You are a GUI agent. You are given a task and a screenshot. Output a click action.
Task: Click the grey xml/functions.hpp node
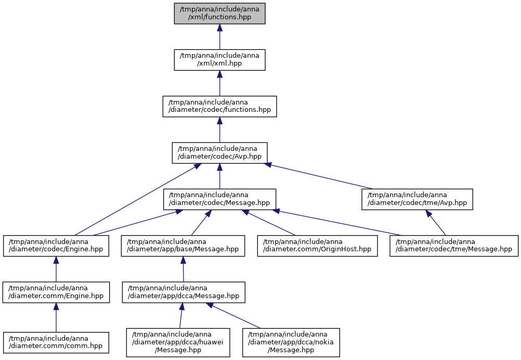tap(219, 14)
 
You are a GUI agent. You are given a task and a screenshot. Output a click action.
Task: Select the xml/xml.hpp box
tap(219, 60)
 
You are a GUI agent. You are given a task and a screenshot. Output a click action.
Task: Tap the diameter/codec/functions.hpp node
tap(219, 106)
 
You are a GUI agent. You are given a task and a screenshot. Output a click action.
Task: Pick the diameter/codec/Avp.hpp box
tap(219, 153)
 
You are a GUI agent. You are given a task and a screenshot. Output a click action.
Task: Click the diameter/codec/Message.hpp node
tap(219, 199)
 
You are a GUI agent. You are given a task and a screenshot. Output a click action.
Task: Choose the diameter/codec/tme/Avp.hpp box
tap(418, 199)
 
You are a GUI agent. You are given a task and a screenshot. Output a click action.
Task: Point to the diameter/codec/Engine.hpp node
tap(56, 246)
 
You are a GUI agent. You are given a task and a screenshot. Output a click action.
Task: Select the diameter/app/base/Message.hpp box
tap(183, 246)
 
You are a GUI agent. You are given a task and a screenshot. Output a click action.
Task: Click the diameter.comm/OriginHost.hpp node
tap(317, 246)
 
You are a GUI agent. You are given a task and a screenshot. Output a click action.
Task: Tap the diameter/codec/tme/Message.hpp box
tap(454, 246)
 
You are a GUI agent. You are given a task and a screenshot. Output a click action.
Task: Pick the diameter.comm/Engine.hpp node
tap(56, 292)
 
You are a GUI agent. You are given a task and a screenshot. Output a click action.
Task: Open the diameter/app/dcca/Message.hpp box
tap(184, 292)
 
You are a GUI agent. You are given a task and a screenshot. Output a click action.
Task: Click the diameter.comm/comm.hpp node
tap(56, 343)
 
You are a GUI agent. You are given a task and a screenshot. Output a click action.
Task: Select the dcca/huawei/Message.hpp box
tap(178, 343)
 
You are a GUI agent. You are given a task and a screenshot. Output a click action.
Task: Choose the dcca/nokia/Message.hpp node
tap(291, 343)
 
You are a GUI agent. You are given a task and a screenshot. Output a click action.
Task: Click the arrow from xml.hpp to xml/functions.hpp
tap(219, 37)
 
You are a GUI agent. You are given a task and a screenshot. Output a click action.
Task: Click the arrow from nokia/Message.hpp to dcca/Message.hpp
tap(234, 316)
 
